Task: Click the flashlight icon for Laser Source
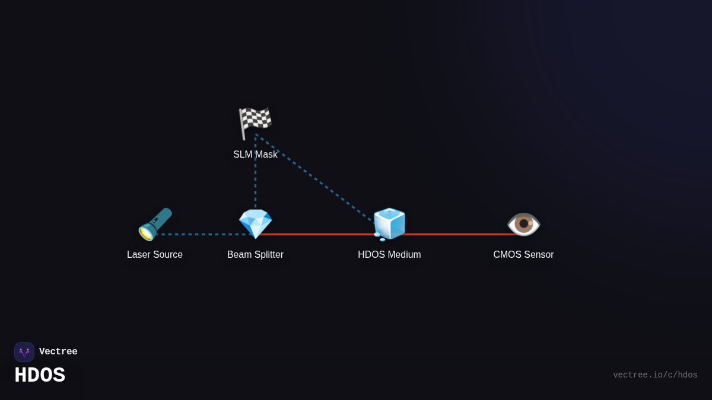[155, 224]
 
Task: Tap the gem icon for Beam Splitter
[255, 223]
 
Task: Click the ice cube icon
[389, 224]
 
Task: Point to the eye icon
[523, 224]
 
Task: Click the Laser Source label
[155, 255]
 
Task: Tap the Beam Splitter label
[255, 255]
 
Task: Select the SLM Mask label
[255, 155]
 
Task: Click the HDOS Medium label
[389, 255]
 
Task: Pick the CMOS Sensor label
[523, 255]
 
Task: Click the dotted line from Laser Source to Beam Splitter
[202, 234]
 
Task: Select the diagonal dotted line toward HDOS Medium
[320, 180]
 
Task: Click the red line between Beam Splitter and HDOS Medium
[320, 234]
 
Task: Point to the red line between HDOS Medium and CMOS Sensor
[457, 234]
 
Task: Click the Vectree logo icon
[24, 352]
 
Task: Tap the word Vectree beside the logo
[58, 352]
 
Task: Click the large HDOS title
[40, 376]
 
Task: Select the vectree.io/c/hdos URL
[655, 375]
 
